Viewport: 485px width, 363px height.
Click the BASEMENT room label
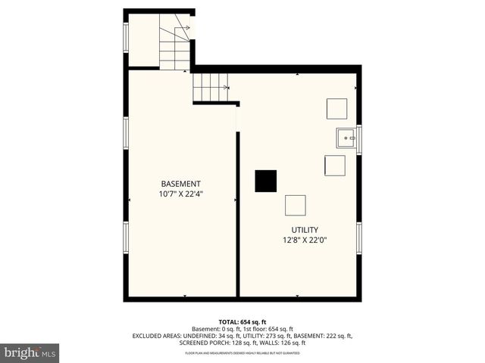point(180,184)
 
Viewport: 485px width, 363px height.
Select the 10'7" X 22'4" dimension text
point(180,194)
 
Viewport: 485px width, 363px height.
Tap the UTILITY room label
point(305,230)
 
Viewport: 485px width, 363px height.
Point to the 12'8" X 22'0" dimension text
point(305,240)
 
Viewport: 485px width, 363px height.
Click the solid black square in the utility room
point(265,181)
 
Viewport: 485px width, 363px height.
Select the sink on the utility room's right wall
point(346,138)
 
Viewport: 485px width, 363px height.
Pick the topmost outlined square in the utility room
point(336,108)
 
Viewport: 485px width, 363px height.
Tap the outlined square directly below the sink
point(334,165)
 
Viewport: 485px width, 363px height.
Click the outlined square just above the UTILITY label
point(295,205)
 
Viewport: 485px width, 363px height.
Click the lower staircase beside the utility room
point(210,87)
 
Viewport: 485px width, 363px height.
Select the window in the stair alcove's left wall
point(126,37)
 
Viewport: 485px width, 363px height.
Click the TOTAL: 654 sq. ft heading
point(242,322)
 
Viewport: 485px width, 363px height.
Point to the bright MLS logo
point(30,352)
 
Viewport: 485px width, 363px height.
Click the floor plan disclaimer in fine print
point(242,352)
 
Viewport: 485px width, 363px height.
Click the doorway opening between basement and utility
point(237,119)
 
